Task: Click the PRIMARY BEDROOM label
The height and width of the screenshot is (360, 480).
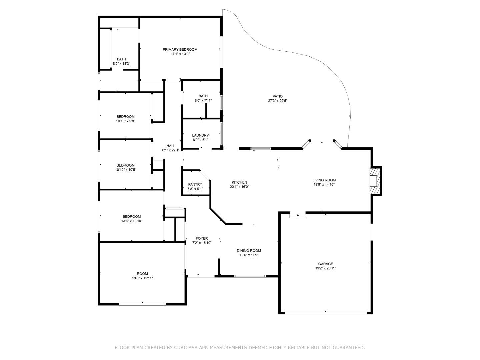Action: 180,49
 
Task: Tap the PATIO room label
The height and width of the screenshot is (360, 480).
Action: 277,96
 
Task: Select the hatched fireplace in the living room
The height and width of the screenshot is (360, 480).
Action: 375,180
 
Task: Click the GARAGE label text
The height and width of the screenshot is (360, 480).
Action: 325,264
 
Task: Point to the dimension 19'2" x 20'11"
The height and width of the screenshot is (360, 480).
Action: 325,268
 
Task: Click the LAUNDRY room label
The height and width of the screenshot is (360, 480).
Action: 200,135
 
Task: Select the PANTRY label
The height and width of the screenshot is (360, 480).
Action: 195,184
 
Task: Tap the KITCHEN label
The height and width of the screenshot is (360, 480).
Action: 239,182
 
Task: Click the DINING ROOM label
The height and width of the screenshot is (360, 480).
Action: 249,251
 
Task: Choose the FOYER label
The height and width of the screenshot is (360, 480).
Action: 202,238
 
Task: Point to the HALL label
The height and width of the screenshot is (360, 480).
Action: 171,146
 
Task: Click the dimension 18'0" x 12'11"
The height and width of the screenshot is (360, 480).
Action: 142,278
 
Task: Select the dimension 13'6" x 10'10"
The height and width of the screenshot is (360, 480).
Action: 132,221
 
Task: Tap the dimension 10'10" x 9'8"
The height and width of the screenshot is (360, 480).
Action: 126,121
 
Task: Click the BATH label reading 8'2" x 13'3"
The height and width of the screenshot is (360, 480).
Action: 121,59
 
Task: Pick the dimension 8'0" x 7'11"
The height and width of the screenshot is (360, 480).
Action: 203,100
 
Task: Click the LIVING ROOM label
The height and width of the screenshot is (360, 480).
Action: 324,180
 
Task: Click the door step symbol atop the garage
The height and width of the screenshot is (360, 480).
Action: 298,216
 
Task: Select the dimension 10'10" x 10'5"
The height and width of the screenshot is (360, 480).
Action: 126,170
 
